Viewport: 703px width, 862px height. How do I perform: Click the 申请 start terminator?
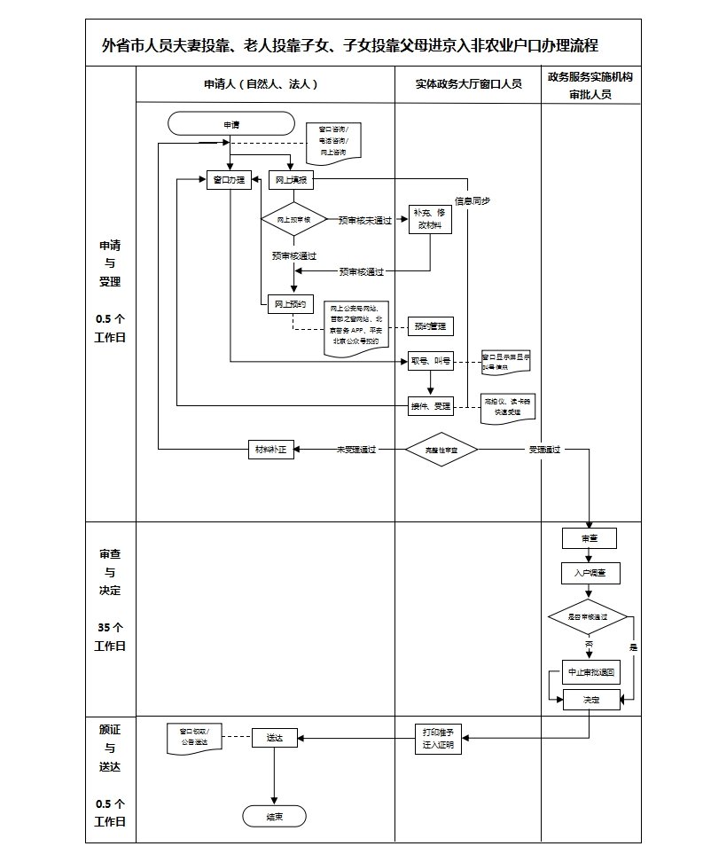pyautogui.click(x=230, y=123)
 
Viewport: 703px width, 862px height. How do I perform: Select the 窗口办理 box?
pyautogui.click(x=229, y=180)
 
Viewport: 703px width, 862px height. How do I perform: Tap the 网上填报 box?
pyautogui.click(x=289, y=180)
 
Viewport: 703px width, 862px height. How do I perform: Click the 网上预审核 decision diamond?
pyautogui.click(x=293, y=218)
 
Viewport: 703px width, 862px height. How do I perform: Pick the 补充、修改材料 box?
pyautogui.click(x=430, y=219)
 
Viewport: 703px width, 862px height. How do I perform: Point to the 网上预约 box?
pyautogui.click(x=290, y=303)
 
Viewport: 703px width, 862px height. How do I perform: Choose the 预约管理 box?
pyautogui.click(x=430, y=326)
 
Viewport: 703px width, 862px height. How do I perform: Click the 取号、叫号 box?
pyautogui.click(x=430, y=361)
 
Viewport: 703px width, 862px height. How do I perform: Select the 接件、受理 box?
pyautogui.click(x=430, y=405)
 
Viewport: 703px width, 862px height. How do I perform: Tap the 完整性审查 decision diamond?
pyautogui.click(x=441, y=450)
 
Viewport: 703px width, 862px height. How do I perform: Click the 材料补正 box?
pyautogui.click(x=270, y=450)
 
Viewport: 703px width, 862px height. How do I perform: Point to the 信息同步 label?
pyautogui.click(x=473, y=200)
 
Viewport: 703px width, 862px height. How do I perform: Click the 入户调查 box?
pyautogui.click(x=590, y=573)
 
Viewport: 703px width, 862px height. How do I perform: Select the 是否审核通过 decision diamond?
pyautogui.click(x=588, y=616)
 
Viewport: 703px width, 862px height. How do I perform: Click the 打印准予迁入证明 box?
pyautogui.click(x=438, y=739)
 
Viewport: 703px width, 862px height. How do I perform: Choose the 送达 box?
pyautogui.click(x=274, y=737)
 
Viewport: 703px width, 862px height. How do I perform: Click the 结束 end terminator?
pyautogui.click(x=274, y=817)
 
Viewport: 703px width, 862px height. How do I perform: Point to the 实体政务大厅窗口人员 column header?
pyautogui.click(x=468, y=84)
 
